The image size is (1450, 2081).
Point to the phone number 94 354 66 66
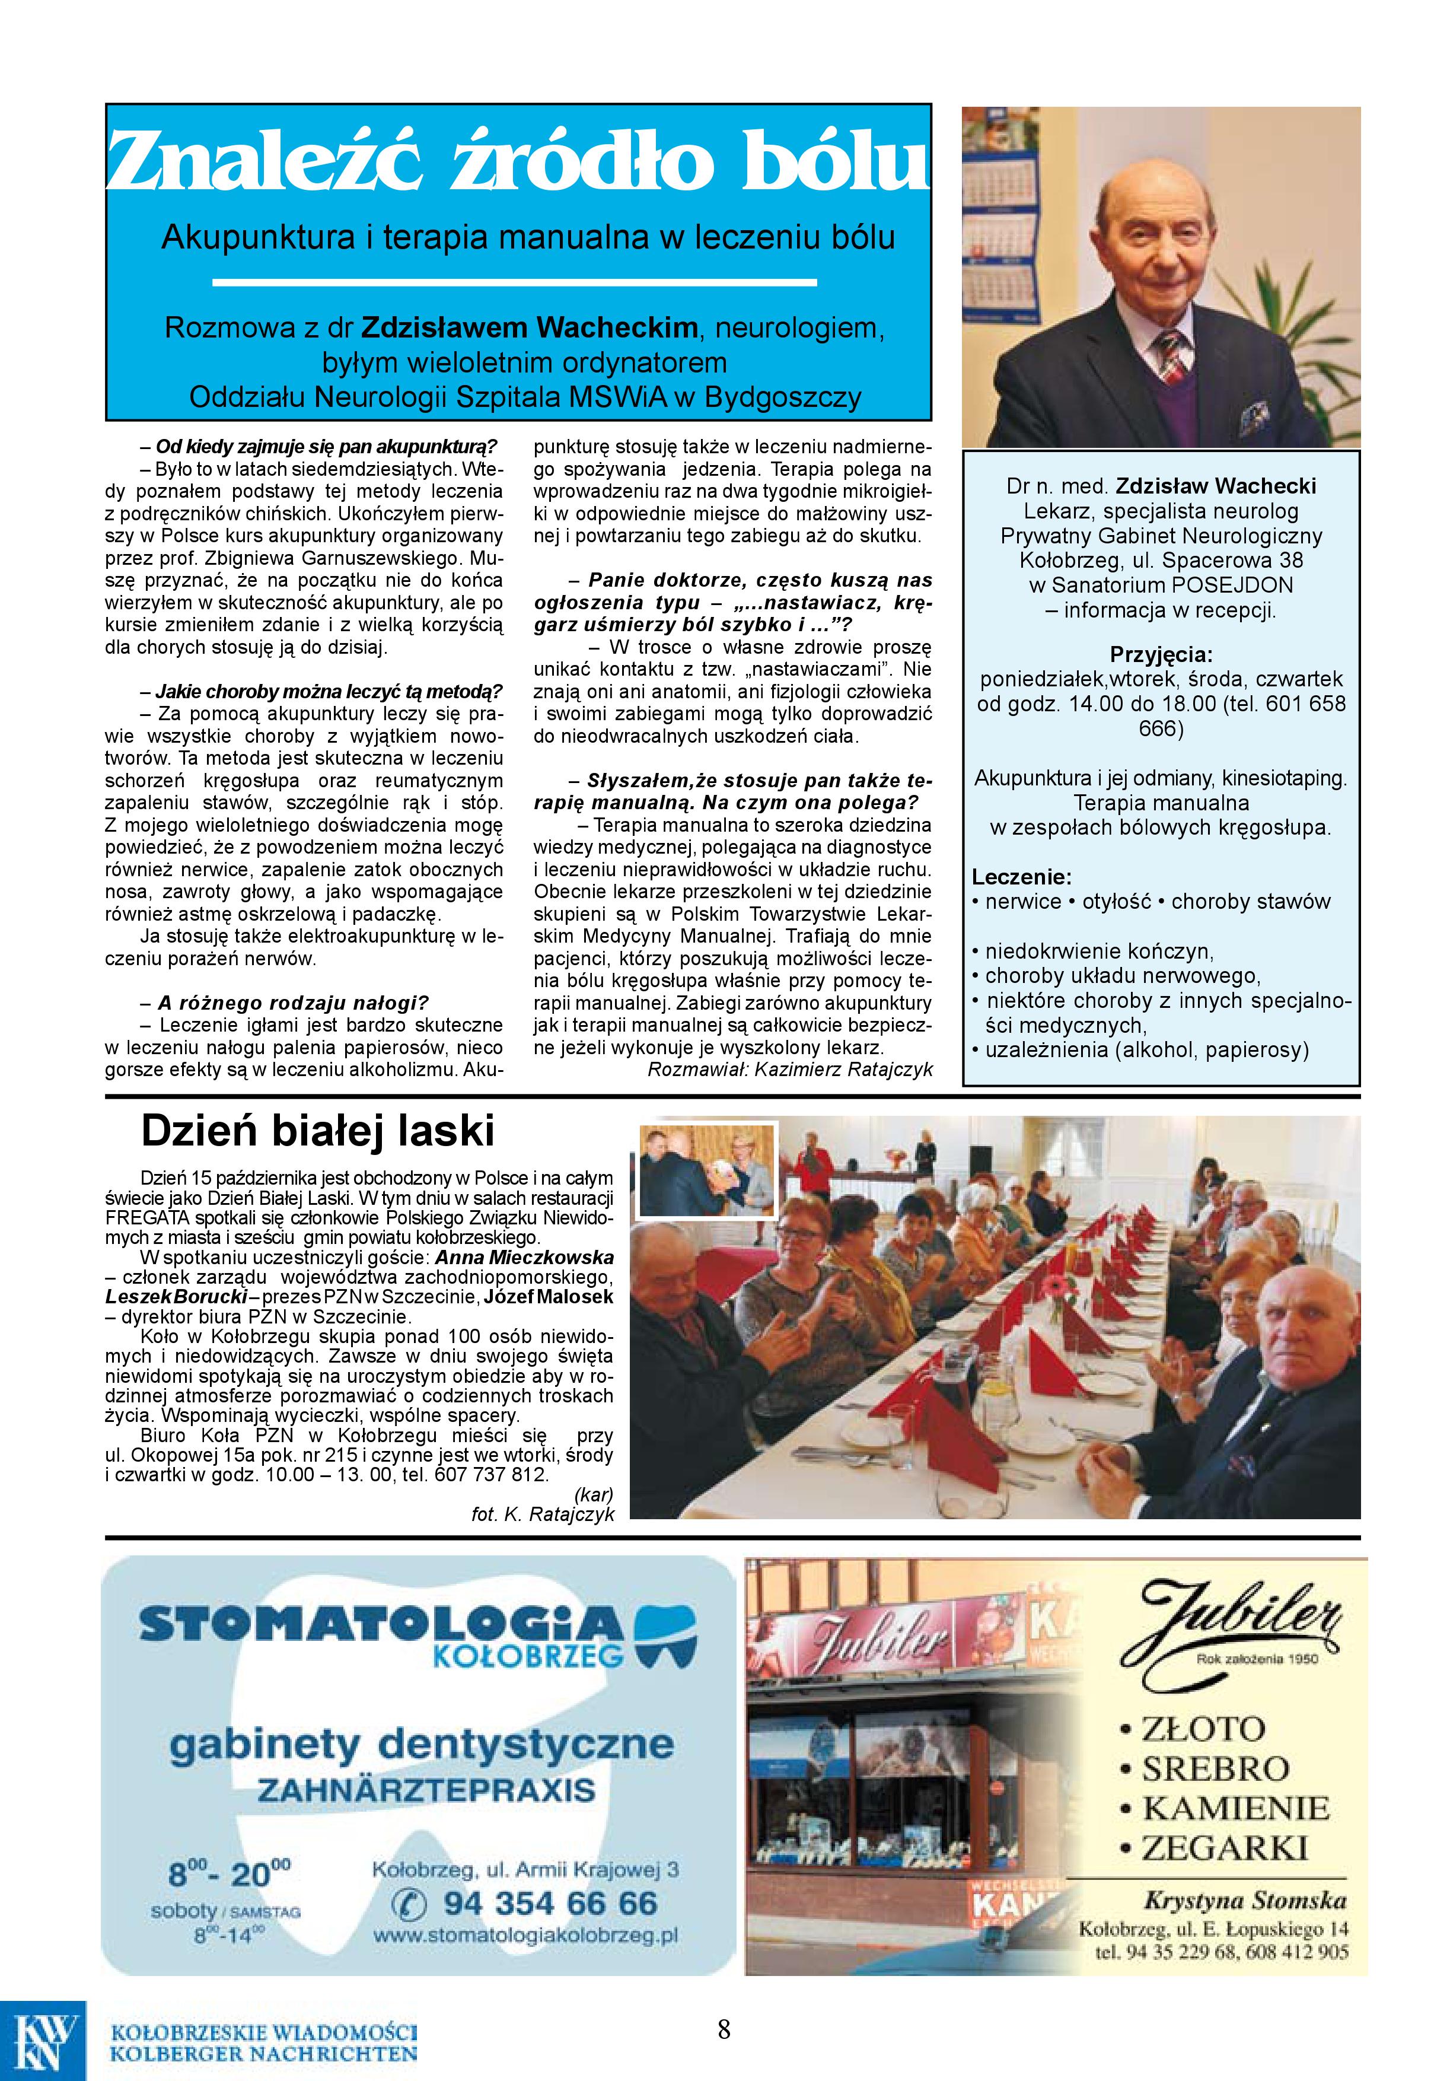(x=549, y=1902)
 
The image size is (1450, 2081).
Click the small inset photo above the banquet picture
(x=708, y=1169)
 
